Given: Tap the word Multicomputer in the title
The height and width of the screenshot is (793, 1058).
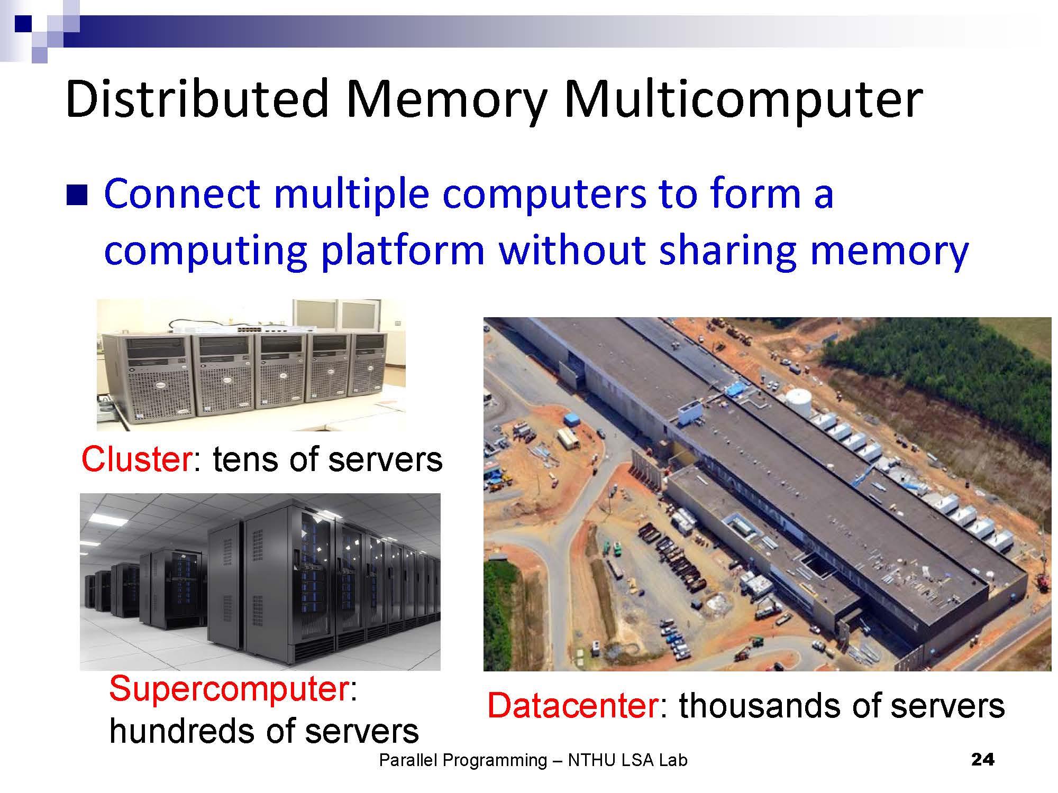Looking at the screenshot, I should tap(743, 100).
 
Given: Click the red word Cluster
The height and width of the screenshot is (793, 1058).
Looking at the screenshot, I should tap(137, 459).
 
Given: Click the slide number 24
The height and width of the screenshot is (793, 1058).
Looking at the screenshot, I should tap(983, 760).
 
